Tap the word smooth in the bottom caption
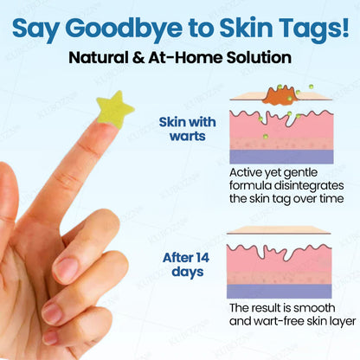pos(328,308)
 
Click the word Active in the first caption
pos(249,171)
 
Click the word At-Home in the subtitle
pos(182,59)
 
